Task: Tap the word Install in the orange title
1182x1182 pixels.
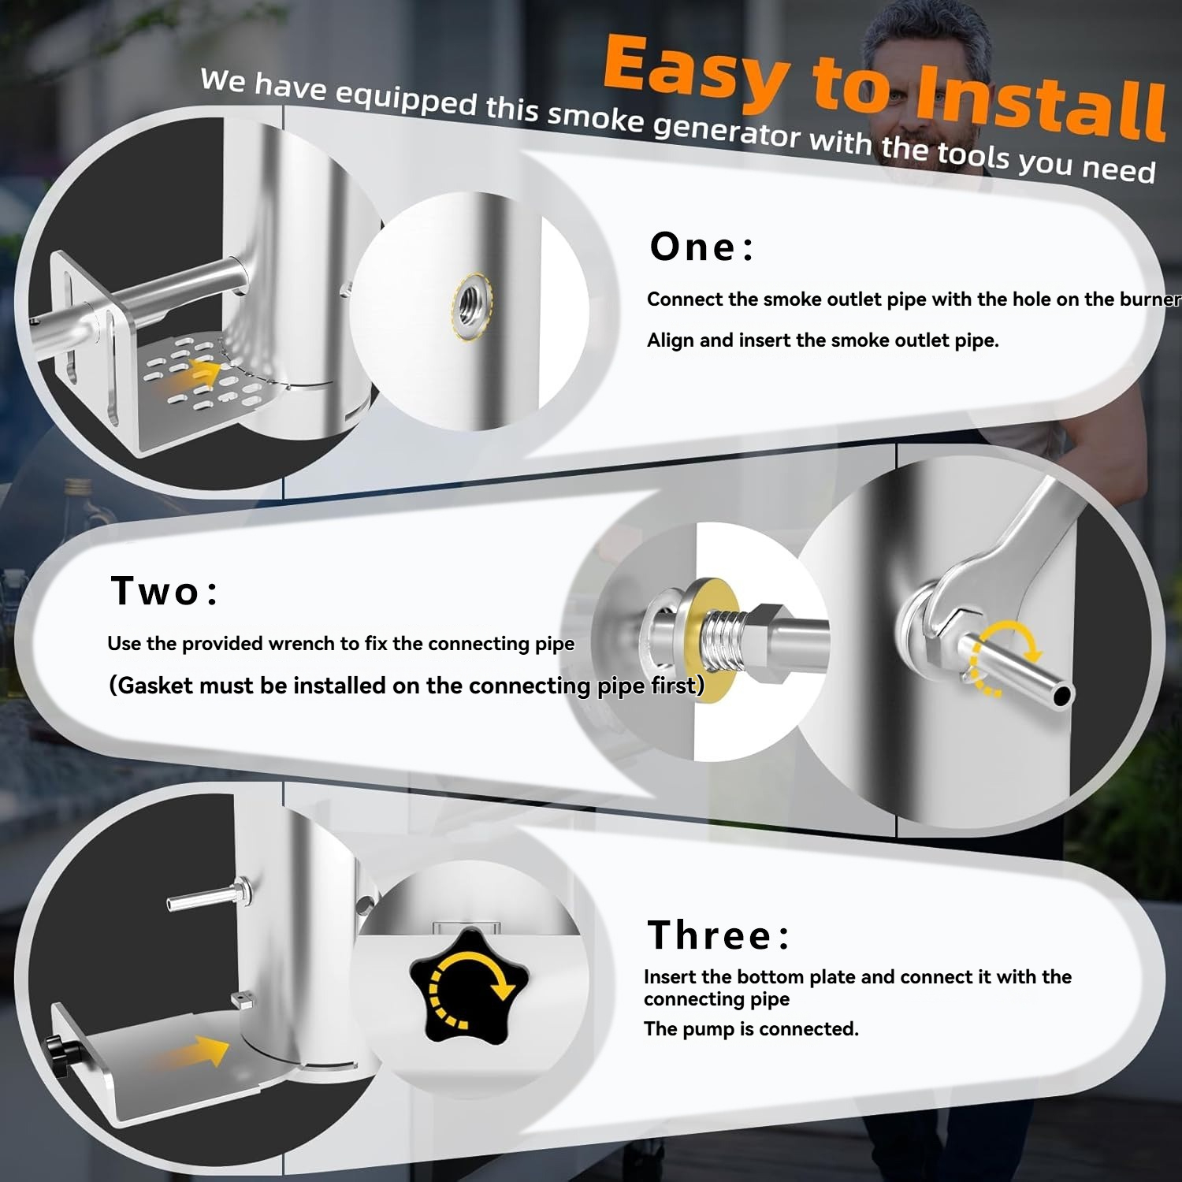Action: pos(1040,103)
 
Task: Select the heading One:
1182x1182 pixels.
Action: pos(701,247)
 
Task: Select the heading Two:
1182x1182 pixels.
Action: pos(164,591)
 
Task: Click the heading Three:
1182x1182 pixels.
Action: pos(718,935)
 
